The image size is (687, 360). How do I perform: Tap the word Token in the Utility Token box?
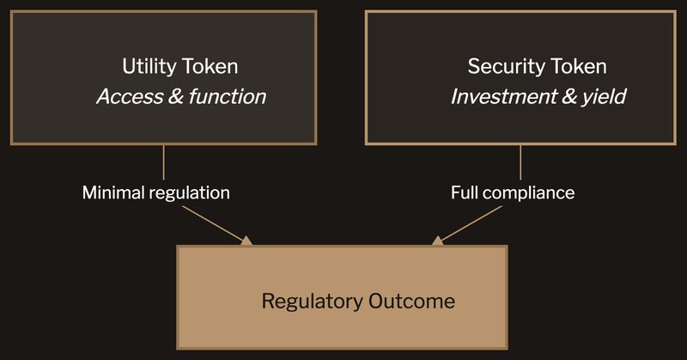209,66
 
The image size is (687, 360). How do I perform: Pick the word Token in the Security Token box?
577,66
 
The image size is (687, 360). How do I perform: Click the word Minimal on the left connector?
114,192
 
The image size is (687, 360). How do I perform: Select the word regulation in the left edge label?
190,192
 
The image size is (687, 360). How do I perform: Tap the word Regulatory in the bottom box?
313,302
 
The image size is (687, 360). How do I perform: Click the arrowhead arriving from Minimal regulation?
247,241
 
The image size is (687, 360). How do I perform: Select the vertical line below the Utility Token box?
163,162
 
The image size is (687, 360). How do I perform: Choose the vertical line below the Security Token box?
520,162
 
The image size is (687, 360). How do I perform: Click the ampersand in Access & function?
175,95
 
